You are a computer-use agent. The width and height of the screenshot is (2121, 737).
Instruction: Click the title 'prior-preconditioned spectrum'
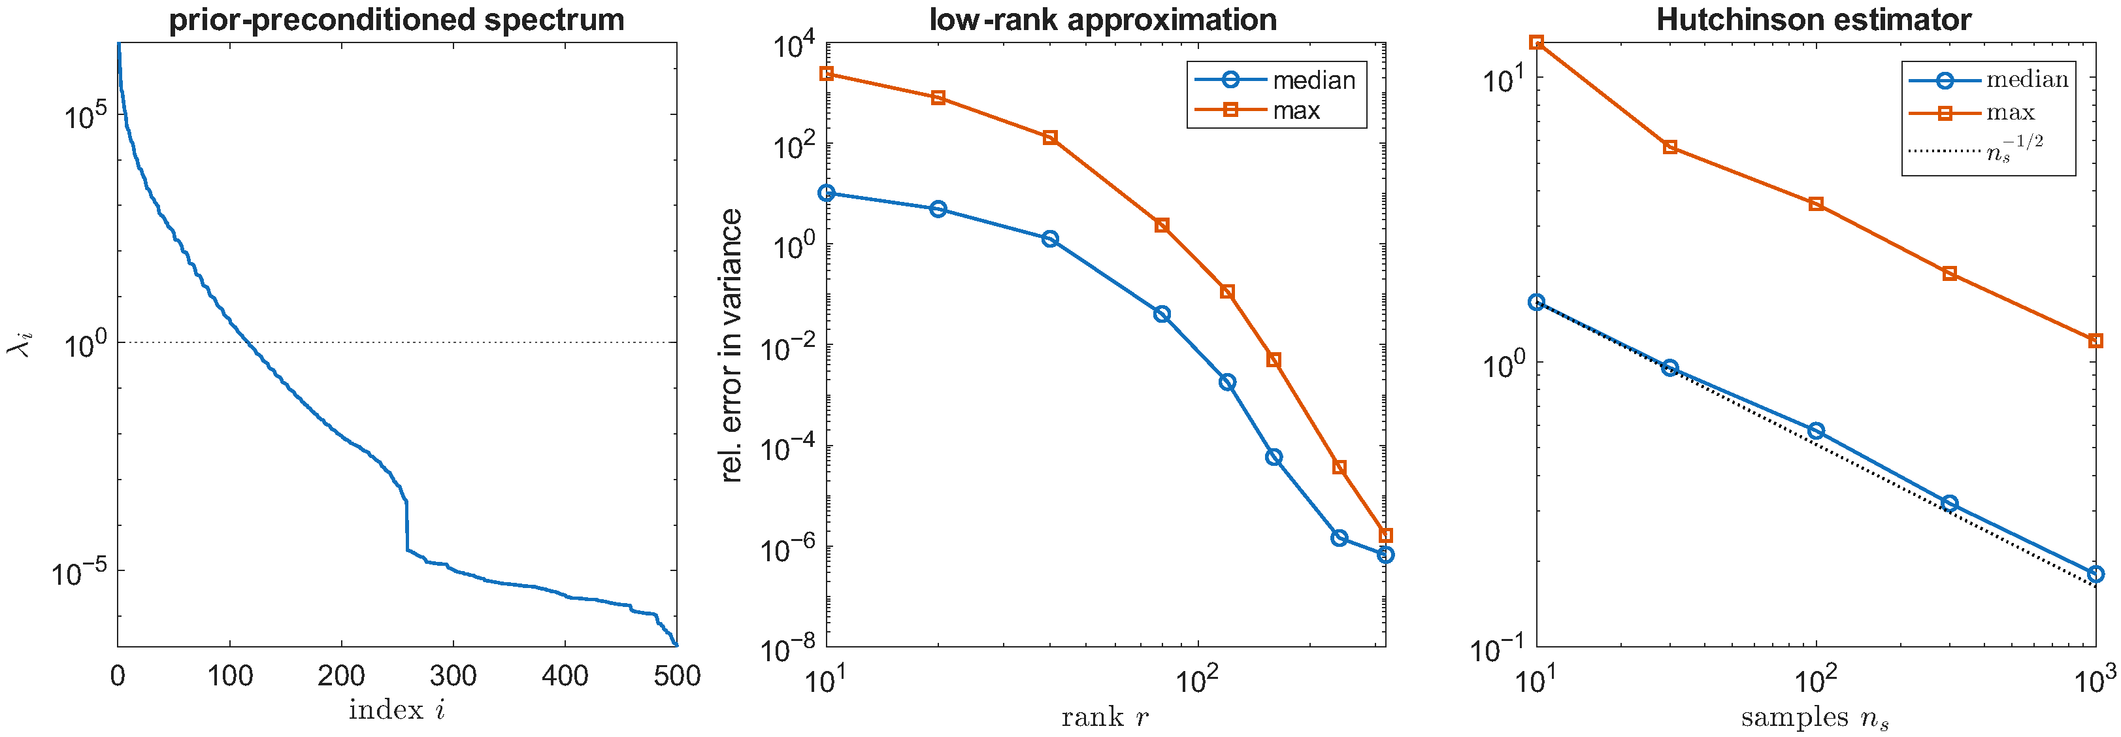click(x=397, y=20)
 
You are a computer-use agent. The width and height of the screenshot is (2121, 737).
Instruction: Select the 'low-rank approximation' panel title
click(x=1104, y=20)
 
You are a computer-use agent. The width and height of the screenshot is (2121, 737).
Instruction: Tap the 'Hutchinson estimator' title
click(x=1815, y=20)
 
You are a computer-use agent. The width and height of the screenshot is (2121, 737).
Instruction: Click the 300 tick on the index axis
click(x=453, y=676)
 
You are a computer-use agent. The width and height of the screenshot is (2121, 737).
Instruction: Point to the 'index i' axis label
click(x=397, y=710)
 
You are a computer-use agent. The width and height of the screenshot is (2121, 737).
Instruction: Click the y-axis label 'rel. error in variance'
click(x=731, y=345)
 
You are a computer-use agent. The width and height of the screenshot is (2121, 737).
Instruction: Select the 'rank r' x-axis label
click(x=1105, y=717)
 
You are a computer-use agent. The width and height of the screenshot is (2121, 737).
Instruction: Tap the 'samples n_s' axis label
click(x=1815, y=718)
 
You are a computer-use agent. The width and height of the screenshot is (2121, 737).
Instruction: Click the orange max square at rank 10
click(x=827, y=74)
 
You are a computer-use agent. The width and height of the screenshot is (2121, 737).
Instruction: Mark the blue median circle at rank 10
click(x=827, y=193)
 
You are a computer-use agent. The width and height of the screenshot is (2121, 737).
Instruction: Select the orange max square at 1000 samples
click(x=2096, y=341)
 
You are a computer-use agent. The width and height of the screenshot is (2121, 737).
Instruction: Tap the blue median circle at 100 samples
click(x=1817, y=431)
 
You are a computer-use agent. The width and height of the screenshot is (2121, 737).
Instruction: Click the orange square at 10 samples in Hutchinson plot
click(x=1536, y=42)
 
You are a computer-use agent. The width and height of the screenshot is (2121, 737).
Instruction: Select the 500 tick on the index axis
click(x=677, y=676)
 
